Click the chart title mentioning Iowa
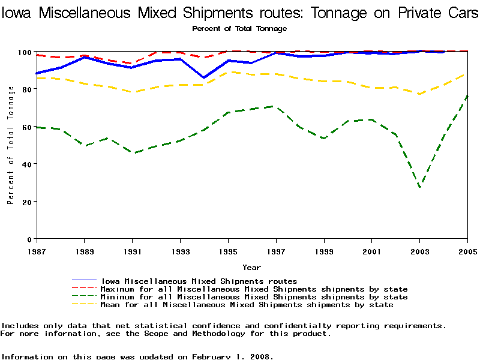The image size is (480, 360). point(240,13)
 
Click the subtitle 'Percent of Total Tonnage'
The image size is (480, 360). point(239,28)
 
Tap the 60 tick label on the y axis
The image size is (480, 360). point(27,127)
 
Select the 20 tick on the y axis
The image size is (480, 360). point(27,202)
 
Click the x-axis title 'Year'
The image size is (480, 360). point(251,267)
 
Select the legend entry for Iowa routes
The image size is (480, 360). point(199,281)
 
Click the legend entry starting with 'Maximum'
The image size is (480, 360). point(254,289)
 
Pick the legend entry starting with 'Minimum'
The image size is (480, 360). point(254,297)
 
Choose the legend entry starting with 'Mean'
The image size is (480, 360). point(247,305)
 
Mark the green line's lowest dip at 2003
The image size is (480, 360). point(419,187)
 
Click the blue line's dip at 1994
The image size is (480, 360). point(204,77)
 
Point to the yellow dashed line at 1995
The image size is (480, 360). point(228,72)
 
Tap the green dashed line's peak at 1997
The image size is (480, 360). point(275,106)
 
